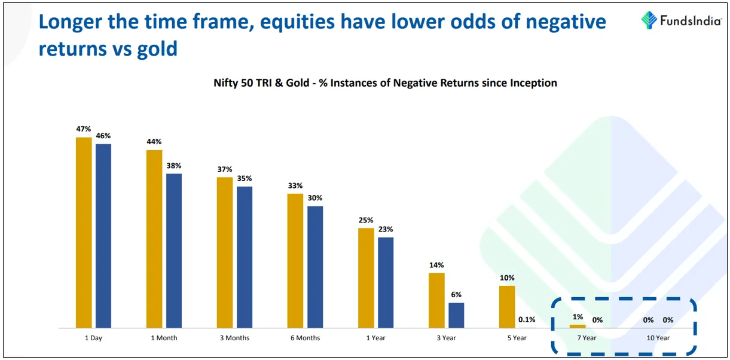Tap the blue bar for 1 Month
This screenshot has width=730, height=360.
174,251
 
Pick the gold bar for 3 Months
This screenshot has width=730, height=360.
225,252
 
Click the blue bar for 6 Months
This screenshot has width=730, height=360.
315,267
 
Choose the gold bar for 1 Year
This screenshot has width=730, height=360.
366,277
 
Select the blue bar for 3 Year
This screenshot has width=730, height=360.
456,315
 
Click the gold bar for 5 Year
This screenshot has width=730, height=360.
507,307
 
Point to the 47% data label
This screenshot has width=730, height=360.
84,129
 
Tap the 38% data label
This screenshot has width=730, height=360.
174,166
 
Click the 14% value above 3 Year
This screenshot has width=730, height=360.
436,265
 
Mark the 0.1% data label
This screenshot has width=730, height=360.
527,320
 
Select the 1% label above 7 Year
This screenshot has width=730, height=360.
578,317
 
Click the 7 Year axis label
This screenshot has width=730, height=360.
587,338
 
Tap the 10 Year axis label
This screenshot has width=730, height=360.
658,338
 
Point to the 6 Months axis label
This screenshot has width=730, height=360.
305,338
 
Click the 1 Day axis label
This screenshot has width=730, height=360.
93,338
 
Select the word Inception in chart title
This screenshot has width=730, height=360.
532,83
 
